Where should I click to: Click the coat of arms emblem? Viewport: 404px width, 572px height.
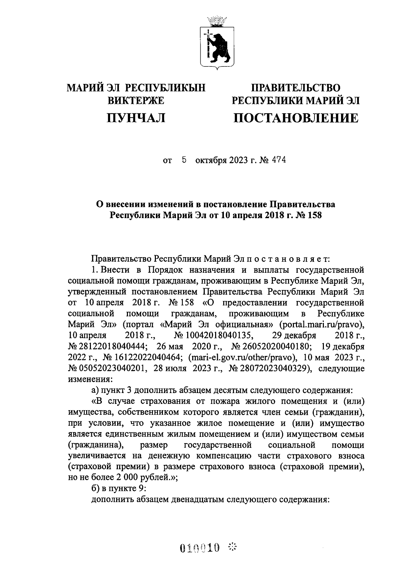point(216,42)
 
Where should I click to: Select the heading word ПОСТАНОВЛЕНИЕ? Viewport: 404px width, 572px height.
point(296,118)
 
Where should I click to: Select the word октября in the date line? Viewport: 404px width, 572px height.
point(211,160)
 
